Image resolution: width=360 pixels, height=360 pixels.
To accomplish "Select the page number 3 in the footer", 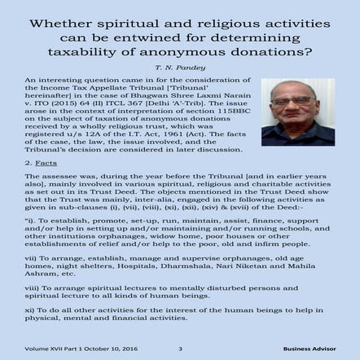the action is (179, 348).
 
